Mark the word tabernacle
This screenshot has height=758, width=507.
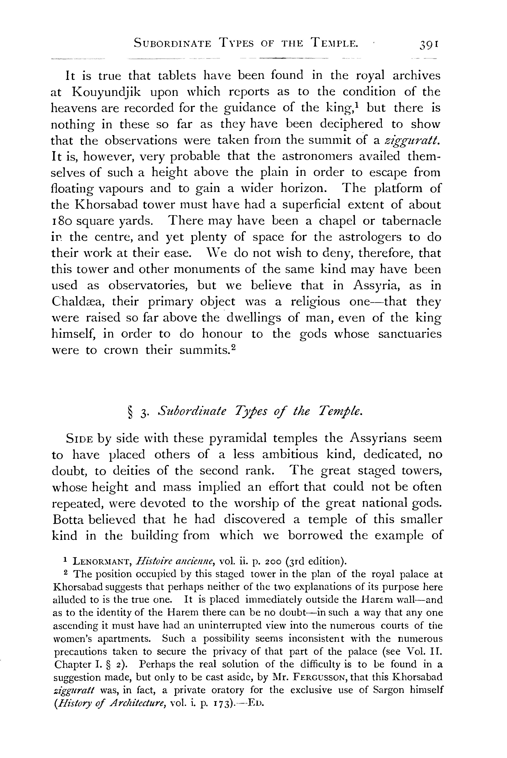click(x=411, y=221)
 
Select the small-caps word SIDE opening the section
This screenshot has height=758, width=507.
click(x=80, y=439)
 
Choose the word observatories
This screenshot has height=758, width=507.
click(x=148, y=286)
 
